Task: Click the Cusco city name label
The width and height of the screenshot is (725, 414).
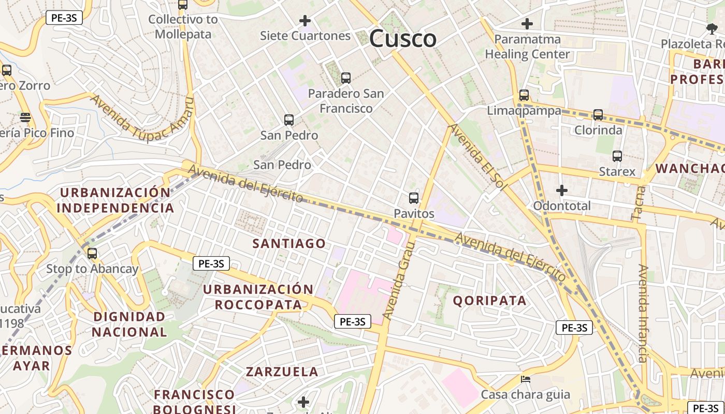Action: click(x=403, y=39)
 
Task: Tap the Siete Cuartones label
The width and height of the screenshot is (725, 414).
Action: click(x=305, y=36)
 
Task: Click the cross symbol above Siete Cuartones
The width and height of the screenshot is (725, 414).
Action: click(x=305, y=21)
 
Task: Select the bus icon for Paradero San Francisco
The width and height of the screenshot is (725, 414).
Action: click(x=345, y=78)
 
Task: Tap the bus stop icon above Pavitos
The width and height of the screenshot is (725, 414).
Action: click(x=413, y=198)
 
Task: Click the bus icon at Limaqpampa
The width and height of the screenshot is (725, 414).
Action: click(x=524, y=95)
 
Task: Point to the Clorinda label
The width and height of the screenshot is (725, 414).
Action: click(x=598, y=130)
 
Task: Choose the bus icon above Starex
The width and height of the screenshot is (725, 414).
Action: click(x=617, y=156)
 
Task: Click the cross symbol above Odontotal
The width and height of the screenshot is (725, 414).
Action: click(x=561, y=190)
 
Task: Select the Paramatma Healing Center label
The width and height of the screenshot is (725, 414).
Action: click(x=527, y=47)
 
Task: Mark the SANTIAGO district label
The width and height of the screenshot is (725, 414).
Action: click(x=289, y=243)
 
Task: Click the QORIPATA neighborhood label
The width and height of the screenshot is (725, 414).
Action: click(x=489, y=300)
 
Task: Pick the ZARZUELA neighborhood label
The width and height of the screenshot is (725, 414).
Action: click(x=282, y=372)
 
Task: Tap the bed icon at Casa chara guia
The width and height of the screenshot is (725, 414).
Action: click(x=525, y=379)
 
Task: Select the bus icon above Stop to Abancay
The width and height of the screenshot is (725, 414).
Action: click(x=92, y=254)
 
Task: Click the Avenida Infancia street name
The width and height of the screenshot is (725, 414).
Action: click(x=643, y=313)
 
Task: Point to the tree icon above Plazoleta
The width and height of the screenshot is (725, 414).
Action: click(x=712, y=28)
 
